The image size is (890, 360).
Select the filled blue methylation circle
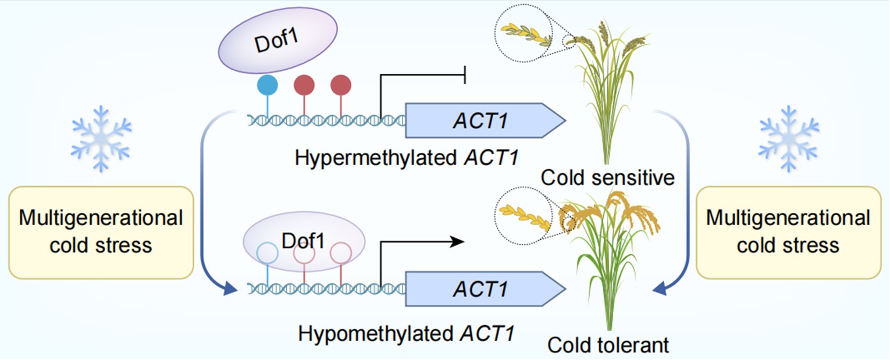click(x=268, y=85)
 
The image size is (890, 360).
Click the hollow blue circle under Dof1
click(x=268, y=253)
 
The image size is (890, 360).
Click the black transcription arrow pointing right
click(x=423, y=241)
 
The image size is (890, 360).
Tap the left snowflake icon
click(x=101, y=138)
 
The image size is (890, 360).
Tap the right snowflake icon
click(x=789, y=138)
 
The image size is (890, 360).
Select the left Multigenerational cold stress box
click(x=101, y=232)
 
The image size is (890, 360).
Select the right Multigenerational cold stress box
click(x=788, y=232)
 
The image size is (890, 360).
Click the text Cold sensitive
click(x=608, y=177)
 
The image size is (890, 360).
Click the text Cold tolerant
click(x=608, y=345)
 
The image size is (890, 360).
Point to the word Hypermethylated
click(x=377, y=158)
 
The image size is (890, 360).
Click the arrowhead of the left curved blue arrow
click(x=232, y=287)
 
